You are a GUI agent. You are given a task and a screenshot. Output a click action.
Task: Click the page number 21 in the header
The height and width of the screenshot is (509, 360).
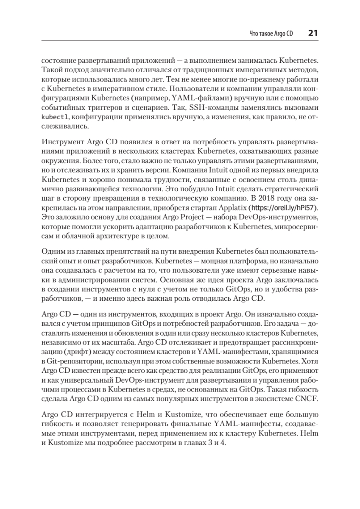coord(313,33)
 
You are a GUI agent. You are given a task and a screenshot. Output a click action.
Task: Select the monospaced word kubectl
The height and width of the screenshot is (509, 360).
coord(52,117)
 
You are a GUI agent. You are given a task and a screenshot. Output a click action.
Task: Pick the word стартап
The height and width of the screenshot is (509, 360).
coord(206,208)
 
